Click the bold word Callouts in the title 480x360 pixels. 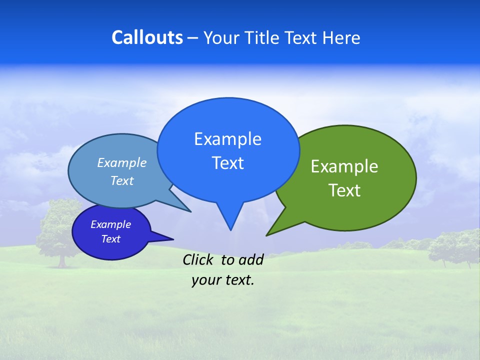147,37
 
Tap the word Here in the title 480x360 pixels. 341,37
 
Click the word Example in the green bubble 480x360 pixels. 344,166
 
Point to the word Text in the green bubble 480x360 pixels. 344,190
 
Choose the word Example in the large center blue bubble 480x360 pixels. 227,139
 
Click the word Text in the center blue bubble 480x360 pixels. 227,163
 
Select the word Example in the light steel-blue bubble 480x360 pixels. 122,162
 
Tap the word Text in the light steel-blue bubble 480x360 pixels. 122,180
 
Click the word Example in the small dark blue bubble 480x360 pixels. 110,224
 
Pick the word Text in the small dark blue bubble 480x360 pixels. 110,239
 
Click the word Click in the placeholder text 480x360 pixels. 199,259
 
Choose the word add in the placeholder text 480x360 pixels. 251,259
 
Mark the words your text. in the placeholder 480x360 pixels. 223,280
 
